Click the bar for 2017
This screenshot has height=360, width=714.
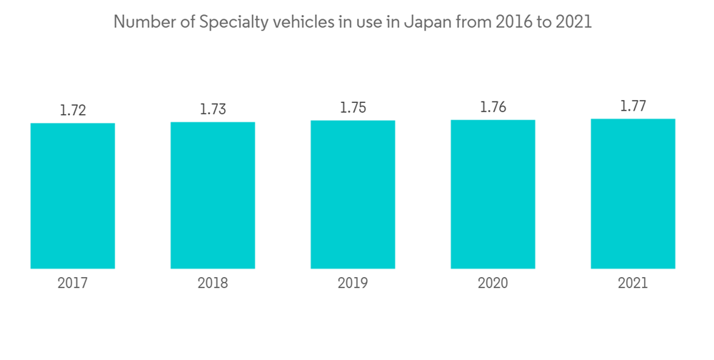pyautogui.click(x=73, y=196)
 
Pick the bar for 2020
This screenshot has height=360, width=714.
pyautogui.click(x=493, y=194)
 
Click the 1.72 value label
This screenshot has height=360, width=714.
pyautogui.click(x=73, y=111)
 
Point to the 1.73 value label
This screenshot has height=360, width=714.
pyautogui.click(x=213, y=109)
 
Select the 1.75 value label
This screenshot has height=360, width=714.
pyautogui.click(x=353, y=108)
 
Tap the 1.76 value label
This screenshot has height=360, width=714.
pyautogui.click(x=493, y=107)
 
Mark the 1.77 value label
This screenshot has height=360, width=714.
pyautogui.click(x=633, y=106)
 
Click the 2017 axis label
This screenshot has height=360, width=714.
pyautogui.click(x=73, y=284)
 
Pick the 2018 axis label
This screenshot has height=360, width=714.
pyautogui.click(x=213, y=284)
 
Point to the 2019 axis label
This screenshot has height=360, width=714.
pyautogui.click(x=353, y=284)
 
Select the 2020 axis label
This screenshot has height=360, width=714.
pyautogui.click(x=493, y=284)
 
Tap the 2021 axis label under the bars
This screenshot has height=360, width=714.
pyautogui.click(x=633, y=284)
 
